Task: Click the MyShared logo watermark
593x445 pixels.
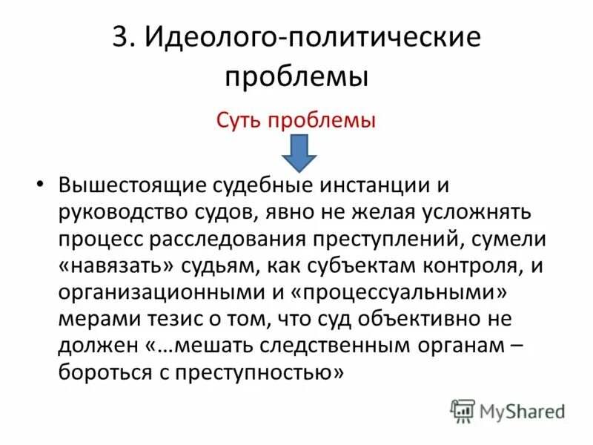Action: (508, 409)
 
